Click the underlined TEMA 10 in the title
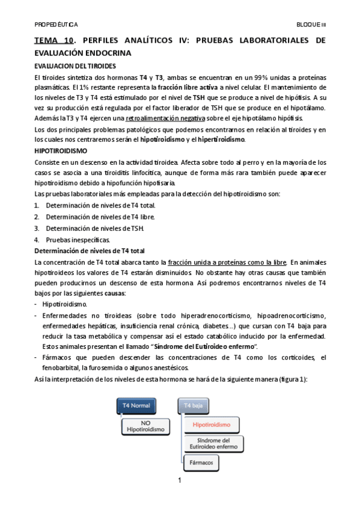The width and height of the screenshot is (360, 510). [x=54, y=41]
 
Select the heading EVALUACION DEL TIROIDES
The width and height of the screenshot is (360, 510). [x=75, y=66]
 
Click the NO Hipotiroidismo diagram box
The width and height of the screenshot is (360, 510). [x=146, y=426]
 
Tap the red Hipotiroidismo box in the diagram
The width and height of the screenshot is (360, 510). [x=212, y=425]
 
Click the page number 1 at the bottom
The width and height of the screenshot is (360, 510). [x=180, y=481]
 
